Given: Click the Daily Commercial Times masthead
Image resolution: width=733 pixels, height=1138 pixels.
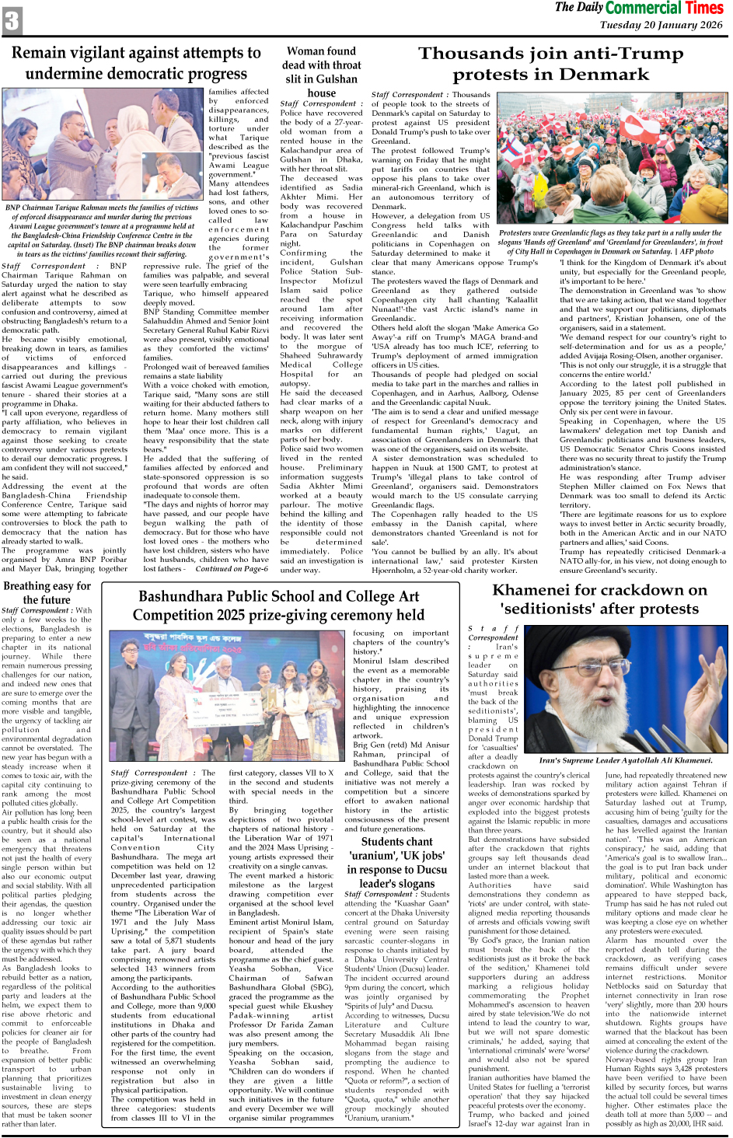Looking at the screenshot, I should pos(639,9).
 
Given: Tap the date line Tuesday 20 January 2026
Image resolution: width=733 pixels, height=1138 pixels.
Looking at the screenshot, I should pos(661,25).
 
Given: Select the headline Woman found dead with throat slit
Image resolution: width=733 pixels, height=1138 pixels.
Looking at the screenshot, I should pos(321,65).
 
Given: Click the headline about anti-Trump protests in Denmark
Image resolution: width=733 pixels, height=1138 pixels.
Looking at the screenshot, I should pos(550,64).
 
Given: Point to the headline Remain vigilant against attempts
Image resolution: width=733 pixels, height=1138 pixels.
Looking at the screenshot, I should pos(136,63).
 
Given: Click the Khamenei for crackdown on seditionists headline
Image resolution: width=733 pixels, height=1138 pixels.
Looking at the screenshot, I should pos(599,599).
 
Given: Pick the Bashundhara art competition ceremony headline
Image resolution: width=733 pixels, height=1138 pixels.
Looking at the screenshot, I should pos(277,606).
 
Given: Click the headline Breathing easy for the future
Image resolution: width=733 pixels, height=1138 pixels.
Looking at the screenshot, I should pos(47,592).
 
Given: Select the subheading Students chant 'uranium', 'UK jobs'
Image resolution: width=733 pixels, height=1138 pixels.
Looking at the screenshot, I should pos(396,863).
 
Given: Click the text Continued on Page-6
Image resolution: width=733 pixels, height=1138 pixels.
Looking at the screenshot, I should pos(232,568).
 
